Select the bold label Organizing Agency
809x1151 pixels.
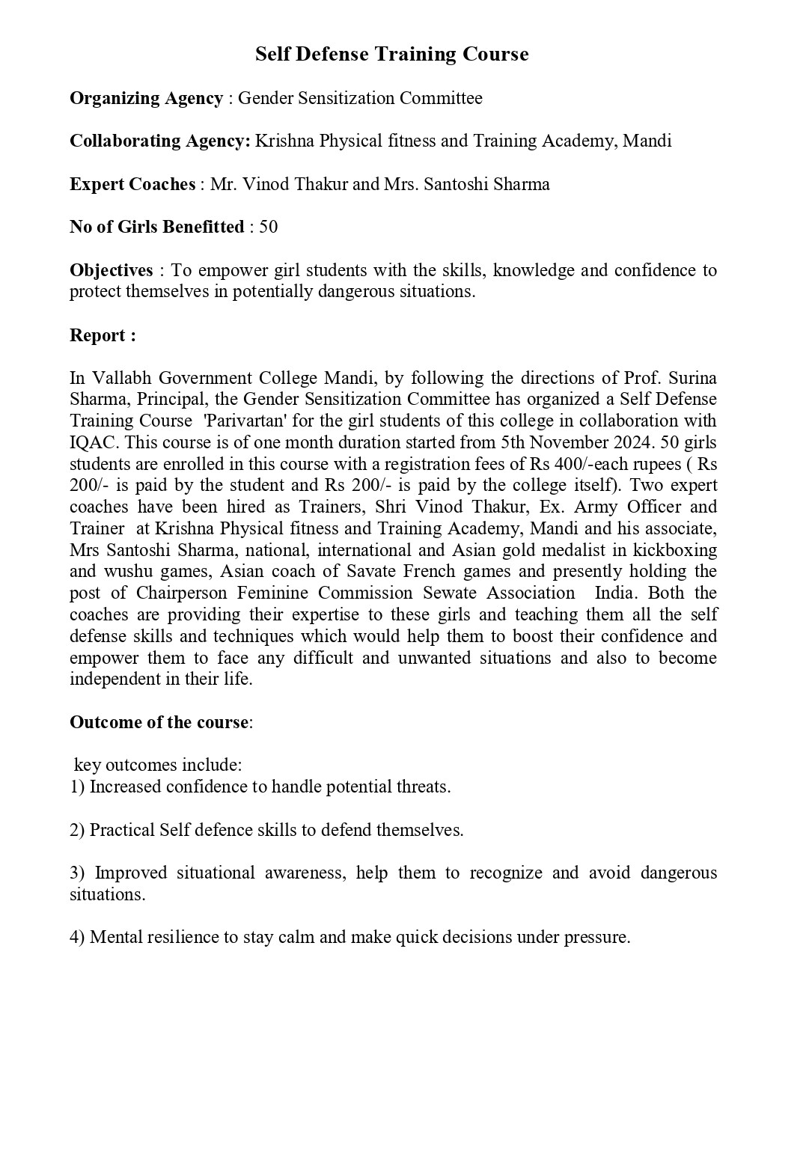[146, 98]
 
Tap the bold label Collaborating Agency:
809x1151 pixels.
[159, 141]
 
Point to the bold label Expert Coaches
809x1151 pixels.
[132, 184]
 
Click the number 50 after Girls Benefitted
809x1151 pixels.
[268, 227]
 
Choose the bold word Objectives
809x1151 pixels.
[111, 270]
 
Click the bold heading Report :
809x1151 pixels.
[103, 335]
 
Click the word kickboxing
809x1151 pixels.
[675, 550]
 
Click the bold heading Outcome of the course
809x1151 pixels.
[159, 722]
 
